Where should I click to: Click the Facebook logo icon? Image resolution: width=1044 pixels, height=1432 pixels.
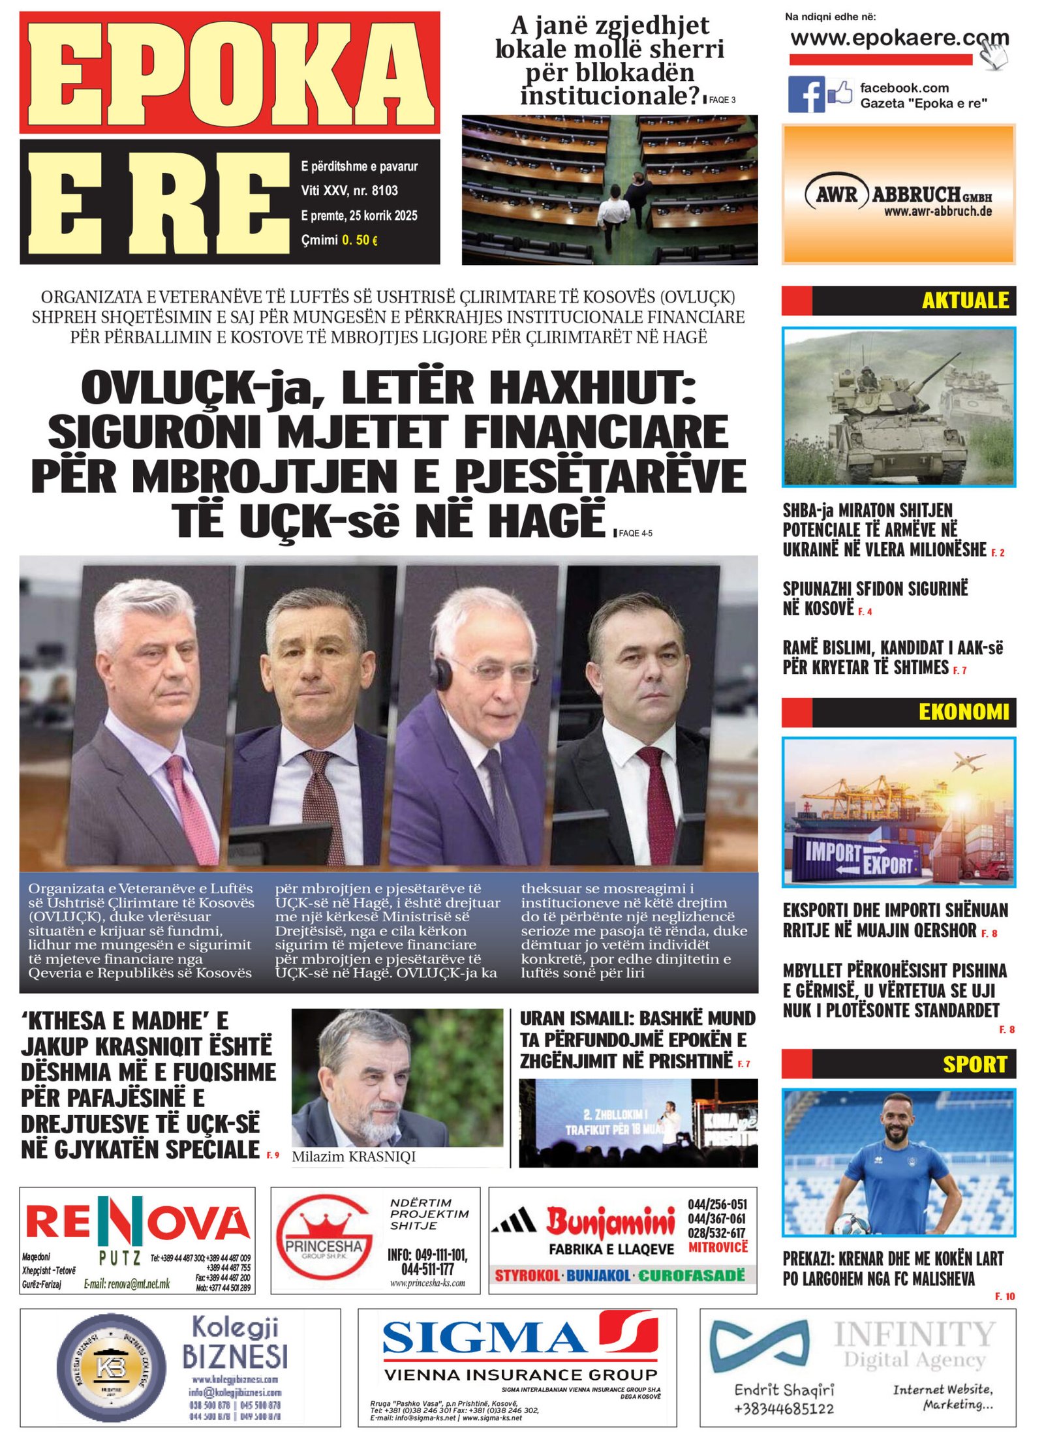[x=806, y=94]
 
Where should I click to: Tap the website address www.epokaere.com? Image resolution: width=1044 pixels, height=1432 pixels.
[x=899, y=38]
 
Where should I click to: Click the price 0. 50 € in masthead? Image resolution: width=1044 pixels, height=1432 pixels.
[x=359, y=240]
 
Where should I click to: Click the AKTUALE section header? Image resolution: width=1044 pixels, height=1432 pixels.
[x=964, y=300]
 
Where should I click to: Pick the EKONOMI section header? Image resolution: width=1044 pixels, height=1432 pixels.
[x=963, y=712]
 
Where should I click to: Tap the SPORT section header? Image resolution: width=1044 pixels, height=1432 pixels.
[x=974, y=1064]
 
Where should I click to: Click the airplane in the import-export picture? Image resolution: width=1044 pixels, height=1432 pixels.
[x=968, y=761]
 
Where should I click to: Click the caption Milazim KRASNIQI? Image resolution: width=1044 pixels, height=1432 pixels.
[x=353, y=1157]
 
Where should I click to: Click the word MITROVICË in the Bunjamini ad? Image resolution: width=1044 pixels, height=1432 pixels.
[x=718, y=1247]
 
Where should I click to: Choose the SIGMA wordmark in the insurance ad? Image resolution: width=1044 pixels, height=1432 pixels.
[x=484, y=1337]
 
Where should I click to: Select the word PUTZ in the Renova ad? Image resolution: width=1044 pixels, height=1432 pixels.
[x=119, y=1257]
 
